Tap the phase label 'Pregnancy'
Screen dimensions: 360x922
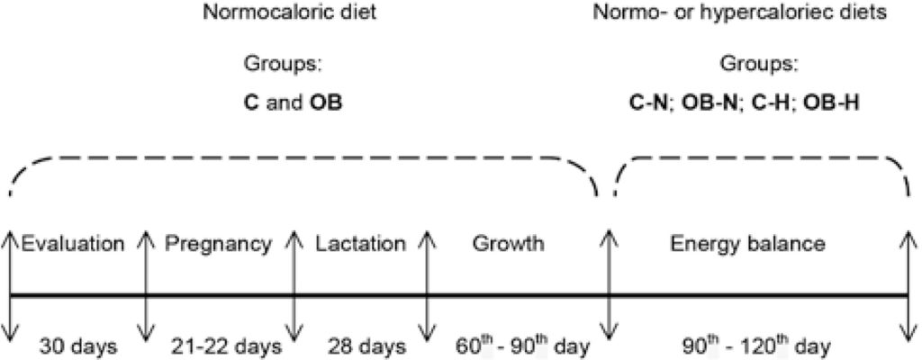coord(219,243)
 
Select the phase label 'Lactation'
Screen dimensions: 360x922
coord(360,243)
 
